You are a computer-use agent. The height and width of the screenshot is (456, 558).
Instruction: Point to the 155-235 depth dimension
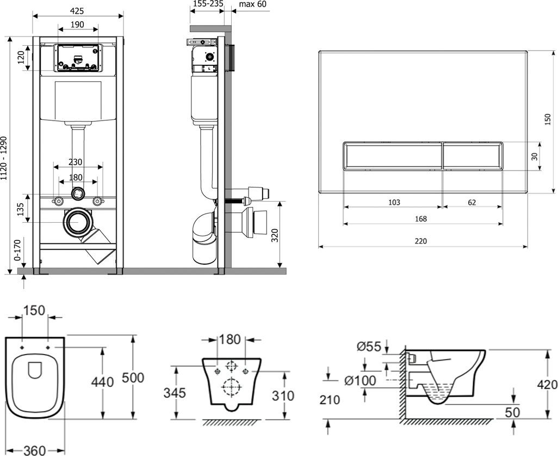[x=207, y=4]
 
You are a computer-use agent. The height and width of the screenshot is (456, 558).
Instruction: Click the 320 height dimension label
[x=275, y=235]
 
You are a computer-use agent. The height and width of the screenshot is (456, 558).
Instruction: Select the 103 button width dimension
[x=394, y=202]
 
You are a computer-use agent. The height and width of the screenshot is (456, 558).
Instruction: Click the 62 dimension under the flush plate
[x=472, y=202]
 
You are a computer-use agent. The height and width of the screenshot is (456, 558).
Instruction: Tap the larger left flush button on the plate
[x=392, y=156]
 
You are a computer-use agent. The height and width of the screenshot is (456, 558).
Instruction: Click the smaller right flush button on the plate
[x=472, y=156]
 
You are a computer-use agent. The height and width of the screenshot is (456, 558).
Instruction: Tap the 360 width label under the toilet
[x=34, y=450]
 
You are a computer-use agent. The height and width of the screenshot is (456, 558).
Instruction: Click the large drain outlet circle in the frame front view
[x=78, y=222]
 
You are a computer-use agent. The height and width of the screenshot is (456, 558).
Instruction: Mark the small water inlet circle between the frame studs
[x=78, y=192]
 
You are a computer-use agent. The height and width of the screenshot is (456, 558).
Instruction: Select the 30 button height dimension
[x=534, y=156]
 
